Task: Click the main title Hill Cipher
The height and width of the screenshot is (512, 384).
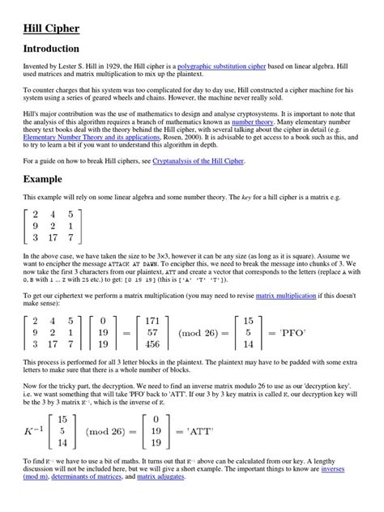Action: click(50, 29)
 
